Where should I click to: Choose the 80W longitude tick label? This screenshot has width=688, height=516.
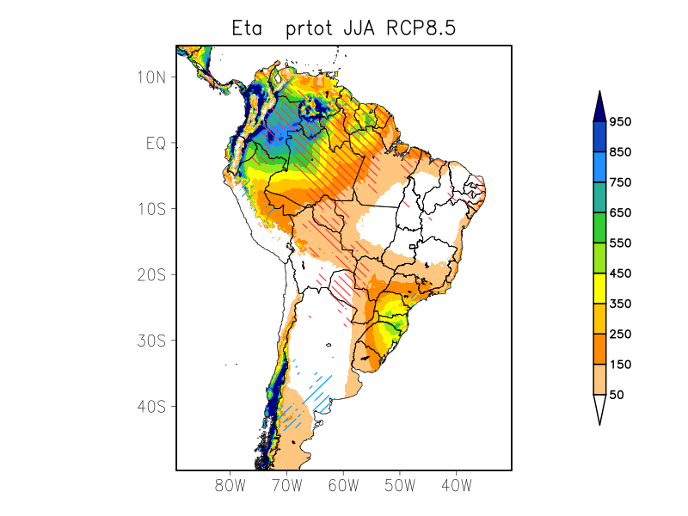pos(230,485)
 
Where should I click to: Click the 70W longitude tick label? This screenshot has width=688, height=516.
pos(286,485)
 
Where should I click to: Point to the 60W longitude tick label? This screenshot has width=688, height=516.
pos(343,485)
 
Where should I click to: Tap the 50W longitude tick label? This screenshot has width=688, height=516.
pos(400,485)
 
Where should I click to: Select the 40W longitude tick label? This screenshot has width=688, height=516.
pos(456,485)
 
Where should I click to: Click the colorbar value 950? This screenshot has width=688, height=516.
pos(620,122)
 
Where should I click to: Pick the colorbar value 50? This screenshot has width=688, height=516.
pos(617,395)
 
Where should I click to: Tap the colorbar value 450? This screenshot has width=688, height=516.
pos(620,273)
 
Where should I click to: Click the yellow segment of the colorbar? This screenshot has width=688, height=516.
pos(599,288)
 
